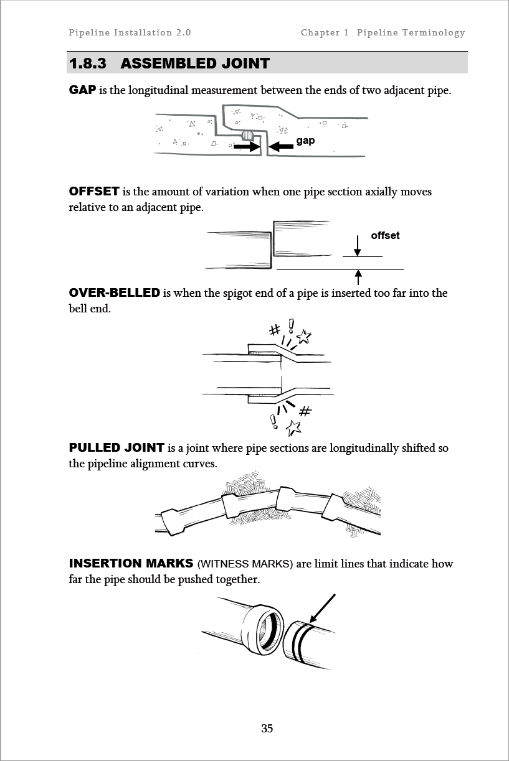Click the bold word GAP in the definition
82,90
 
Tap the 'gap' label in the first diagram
305,141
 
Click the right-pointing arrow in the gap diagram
247,146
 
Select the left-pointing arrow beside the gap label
281,146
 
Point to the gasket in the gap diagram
248,136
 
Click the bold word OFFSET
94,191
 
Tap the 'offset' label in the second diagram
385,235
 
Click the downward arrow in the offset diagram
357,246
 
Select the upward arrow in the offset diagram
358,278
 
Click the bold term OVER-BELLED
114,292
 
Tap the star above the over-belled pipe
304,337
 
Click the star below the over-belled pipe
293,428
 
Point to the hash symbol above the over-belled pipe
275,330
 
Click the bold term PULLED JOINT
117,447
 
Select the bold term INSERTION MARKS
131,563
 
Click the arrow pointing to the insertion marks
323,609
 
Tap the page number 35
267,728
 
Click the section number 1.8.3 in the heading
88,63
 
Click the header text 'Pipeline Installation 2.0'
130,32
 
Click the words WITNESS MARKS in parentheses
245,564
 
